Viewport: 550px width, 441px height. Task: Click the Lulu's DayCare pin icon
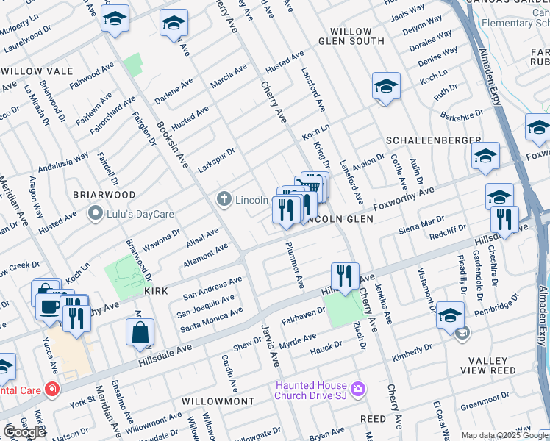point(95,214)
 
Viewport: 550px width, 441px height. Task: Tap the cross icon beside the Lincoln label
point(224,199)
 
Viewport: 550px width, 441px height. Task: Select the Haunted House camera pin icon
point(358,388)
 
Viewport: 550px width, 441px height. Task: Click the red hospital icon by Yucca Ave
point(52,389)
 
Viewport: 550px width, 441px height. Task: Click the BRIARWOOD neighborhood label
point(104,195)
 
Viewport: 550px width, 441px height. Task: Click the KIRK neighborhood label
point(156,292)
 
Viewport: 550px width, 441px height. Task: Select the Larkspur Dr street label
point(215,161)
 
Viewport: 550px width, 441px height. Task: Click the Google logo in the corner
point(24,431)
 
